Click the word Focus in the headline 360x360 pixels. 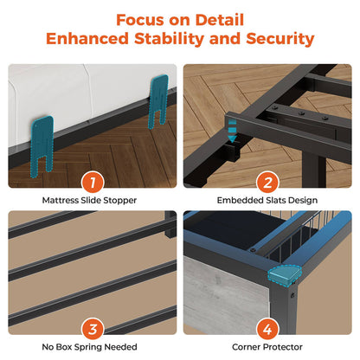tap(140, 20)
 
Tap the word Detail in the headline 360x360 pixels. tap(220, 20)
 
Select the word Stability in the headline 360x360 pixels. tap(170, 39)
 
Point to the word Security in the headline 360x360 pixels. tap(280, 39)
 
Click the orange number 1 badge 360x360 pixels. tap(93, 183)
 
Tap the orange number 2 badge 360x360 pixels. tap(267, 183)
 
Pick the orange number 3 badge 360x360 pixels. tap(93, 329)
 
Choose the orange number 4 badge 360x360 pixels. tap(267, 329)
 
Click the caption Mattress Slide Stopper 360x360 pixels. tap(89, 200)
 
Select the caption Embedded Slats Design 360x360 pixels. tap(267, 200)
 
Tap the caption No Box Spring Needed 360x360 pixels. tap(89, 347)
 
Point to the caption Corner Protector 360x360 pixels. tap(267, 347)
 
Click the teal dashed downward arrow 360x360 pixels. tap(232, 131)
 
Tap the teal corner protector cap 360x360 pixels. tap(285, 276)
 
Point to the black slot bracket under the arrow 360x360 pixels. tap(232, 152)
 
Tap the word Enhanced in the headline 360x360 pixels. tap(87, 39)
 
